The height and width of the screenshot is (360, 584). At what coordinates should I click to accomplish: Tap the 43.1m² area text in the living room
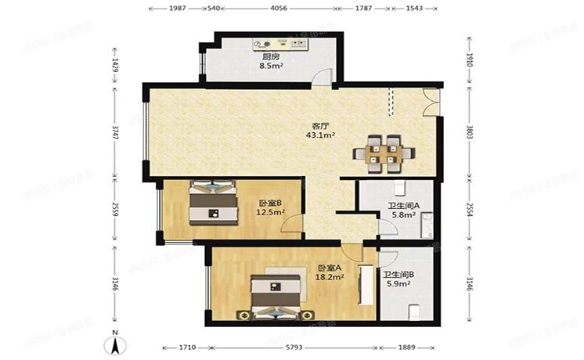point(321,135)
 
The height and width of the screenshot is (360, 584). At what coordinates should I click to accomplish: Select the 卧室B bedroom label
point(270,203)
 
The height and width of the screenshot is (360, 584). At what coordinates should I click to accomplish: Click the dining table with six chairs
point(383,153)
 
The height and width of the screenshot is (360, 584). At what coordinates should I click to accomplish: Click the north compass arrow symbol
point(114,345)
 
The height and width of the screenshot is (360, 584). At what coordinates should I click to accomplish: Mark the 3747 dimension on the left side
point(115,135)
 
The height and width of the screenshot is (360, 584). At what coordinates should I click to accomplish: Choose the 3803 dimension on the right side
point(469,135)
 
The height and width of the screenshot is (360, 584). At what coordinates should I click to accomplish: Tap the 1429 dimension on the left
point(115,63)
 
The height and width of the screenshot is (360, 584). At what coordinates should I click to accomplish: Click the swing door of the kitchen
point(322,74)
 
